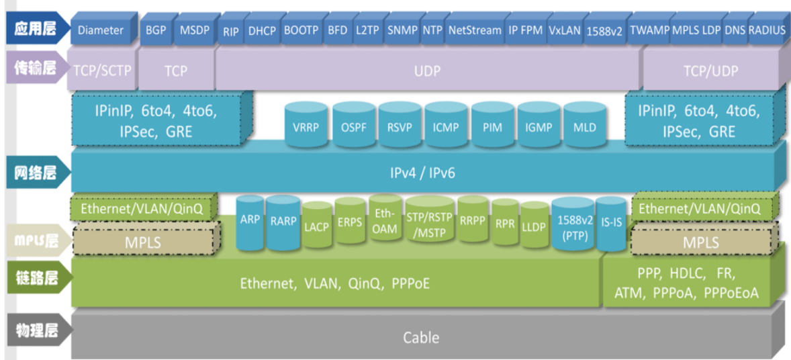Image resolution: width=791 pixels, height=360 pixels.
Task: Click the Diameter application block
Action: coord(101,30)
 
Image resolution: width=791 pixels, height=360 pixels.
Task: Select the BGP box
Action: coord(156,30)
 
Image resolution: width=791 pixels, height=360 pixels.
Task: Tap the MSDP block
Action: coord(194,30)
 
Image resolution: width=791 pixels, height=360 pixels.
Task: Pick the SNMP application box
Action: coord(403,30)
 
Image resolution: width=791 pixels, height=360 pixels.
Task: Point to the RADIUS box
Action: coord(767,30)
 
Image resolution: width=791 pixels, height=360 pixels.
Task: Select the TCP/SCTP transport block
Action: coord(102,71)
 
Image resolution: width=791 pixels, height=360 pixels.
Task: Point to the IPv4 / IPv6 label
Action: coord(423,173)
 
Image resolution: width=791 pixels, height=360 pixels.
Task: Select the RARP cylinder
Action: coord(283,223)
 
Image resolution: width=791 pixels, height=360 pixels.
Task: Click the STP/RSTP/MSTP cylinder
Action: coord(430,223)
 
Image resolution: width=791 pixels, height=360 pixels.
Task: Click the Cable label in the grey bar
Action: coord(422,337)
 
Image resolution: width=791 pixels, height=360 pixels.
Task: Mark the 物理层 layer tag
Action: coord(38,332)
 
